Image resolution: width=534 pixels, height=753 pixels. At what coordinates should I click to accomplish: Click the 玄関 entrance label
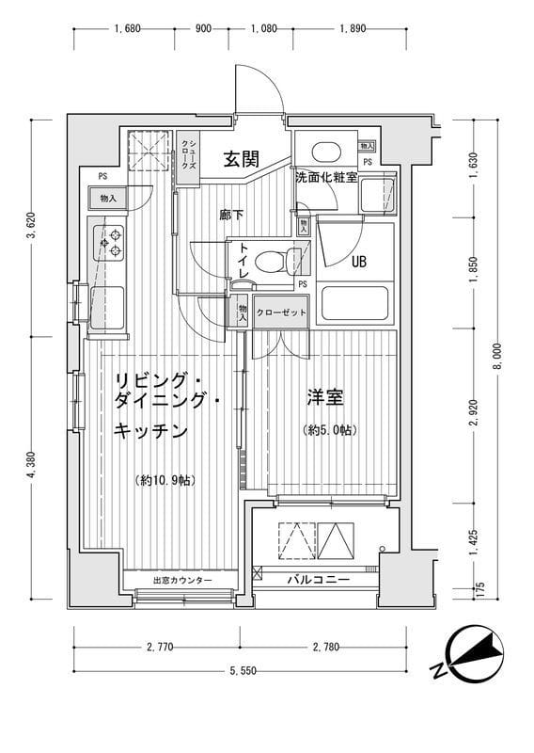coord(242,160)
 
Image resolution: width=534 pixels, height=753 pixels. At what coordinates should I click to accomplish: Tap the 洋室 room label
coord(323,397)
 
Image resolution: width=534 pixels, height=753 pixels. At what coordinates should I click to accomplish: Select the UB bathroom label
coord(359,263)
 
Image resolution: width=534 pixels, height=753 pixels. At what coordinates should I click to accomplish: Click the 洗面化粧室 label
coord(325,177)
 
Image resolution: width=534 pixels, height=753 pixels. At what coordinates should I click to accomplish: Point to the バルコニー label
coord(319,580)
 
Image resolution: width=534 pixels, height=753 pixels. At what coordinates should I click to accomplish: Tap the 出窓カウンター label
coord(182,580)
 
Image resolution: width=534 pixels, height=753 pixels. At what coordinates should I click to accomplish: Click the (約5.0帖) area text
coord(329,430)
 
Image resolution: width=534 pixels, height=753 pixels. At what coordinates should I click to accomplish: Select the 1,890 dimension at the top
coord(352,28)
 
